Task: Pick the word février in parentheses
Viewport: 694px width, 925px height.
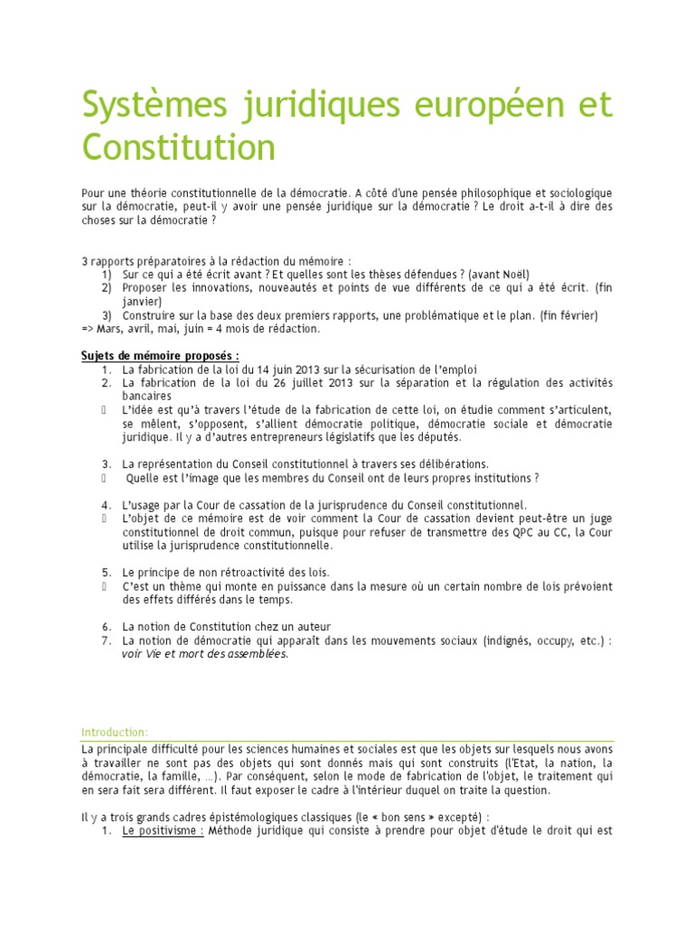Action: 576,314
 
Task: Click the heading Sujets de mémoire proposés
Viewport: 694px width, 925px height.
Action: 160,356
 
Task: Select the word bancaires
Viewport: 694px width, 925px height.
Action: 146,396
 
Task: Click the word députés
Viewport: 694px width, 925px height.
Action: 438,436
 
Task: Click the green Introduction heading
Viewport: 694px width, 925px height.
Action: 115,732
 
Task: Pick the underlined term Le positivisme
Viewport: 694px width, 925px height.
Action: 163,831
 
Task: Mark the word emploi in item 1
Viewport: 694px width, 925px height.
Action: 456,369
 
